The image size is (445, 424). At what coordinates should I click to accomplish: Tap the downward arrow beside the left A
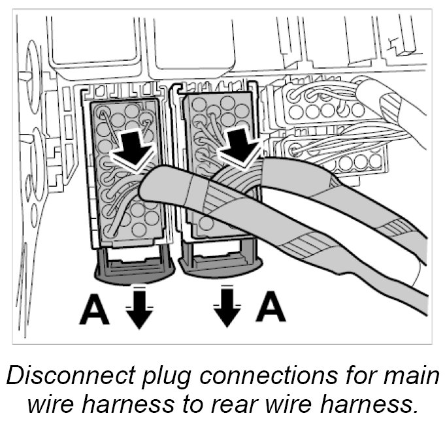139,307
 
